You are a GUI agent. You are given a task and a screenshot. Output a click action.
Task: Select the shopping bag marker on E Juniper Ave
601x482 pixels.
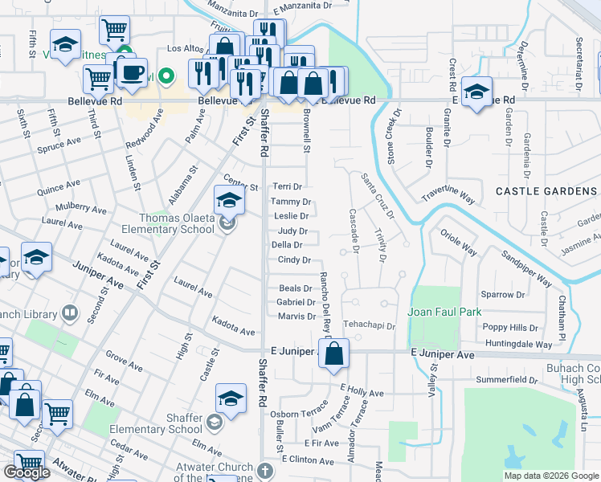334,354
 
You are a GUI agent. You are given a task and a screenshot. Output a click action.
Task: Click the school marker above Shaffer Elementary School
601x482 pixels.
230,398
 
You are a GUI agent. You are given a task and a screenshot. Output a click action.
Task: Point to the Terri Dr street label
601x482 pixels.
287,186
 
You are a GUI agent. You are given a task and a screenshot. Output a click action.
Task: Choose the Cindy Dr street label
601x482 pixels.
294,260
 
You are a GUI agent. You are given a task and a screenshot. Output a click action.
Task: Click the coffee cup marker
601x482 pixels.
131,74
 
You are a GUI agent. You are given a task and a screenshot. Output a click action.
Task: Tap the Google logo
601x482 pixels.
27,472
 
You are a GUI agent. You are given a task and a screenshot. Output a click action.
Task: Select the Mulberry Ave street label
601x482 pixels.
81,209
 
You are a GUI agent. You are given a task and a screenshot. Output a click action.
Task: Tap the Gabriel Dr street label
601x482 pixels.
295,302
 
